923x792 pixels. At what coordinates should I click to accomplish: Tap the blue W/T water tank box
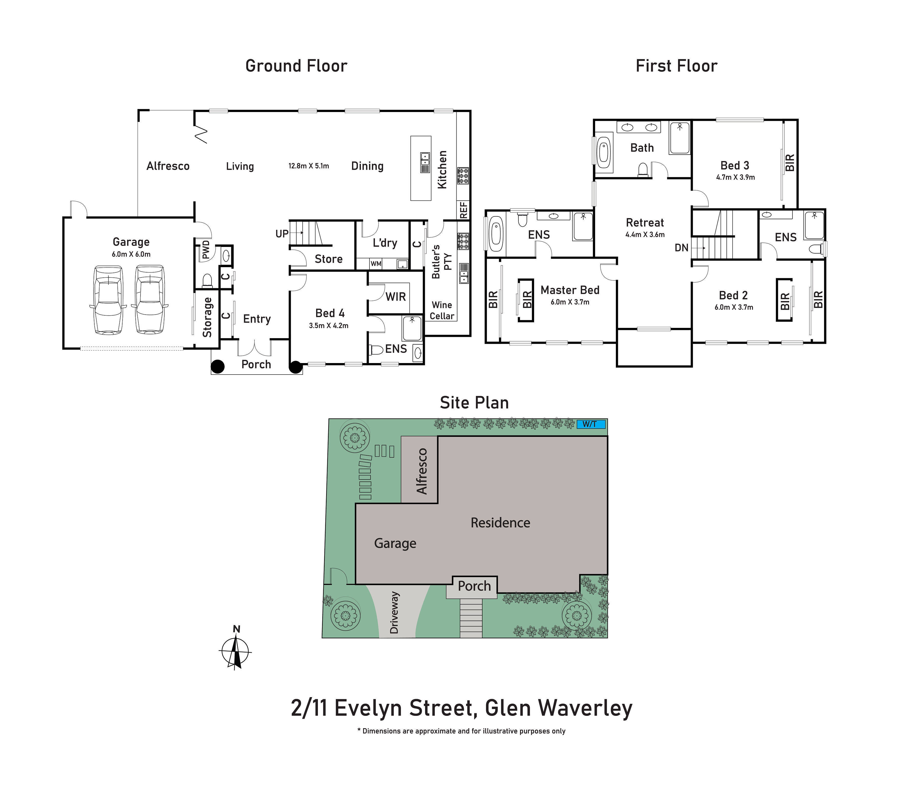click(591, 424)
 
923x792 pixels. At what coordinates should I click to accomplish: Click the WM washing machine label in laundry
click(376, 264)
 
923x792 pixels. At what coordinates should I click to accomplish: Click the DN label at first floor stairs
click(681, 248)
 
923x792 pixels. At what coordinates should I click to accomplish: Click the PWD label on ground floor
click(206, 250)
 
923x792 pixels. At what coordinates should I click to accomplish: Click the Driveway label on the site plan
click(394, 613)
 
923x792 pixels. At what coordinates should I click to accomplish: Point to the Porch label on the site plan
click(474, 586)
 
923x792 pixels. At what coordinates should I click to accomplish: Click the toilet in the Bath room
click(643, 170)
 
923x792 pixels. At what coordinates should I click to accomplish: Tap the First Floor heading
click(676, 66)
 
